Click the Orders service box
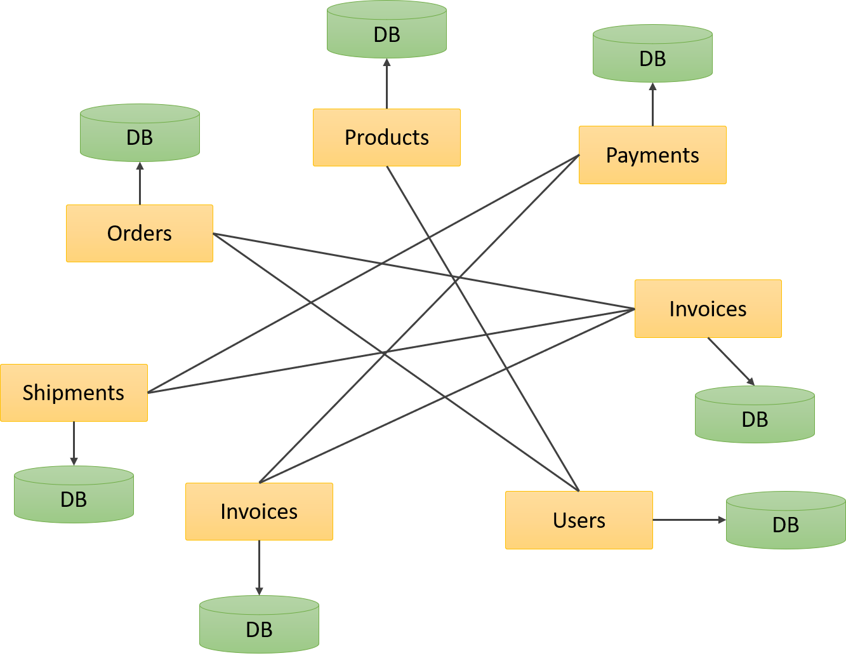point(140,233)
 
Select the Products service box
point(387,137)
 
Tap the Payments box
point(652,155)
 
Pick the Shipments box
point(74,393)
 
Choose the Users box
point(579,520)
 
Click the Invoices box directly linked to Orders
point(708,309)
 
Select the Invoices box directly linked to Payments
point(259,511)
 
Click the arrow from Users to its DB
point(689,520)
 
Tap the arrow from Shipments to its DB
point(74,443)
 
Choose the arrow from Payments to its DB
point(652,104)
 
